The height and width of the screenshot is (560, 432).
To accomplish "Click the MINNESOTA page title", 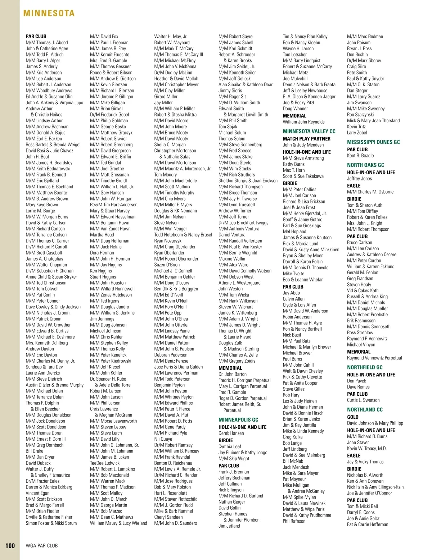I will (49, 13).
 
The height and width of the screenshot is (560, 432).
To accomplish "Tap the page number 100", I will (10, 546).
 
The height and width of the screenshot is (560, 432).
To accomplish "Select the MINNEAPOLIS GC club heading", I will (238, 419).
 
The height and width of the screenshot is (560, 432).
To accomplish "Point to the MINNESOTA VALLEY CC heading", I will (309, 131).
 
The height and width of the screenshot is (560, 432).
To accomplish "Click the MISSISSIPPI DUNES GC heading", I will (373, 142).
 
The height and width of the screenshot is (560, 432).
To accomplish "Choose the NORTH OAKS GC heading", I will (365, 165).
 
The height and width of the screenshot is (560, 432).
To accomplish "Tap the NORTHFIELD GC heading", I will (365, 367).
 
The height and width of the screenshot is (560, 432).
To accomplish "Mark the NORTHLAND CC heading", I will (365, 409).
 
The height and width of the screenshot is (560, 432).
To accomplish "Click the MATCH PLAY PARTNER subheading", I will (306, 138).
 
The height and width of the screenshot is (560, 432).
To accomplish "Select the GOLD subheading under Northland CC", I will (353, 417).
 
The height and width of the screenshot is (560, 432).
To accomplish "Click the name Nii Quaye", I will (163, 439).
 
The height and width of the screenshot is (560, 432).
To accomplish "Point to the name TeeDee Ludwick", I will (105, 463).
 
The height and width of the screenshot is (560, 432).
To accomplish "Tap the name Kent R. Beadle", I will (360, 156).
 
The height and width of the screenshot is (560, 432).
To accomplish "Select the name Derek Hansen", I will (231, 433).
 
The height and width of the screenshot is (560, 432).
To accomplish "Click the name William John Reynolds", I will (303, 122).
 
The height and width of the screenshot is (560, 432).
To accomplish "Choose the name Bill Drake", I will (35, 451).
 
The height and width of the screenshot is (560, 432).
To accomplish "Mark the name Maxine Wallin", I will (232, 259).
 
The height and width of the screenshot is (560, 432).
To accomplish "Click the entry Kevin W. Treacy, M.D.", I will (367, 448).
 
